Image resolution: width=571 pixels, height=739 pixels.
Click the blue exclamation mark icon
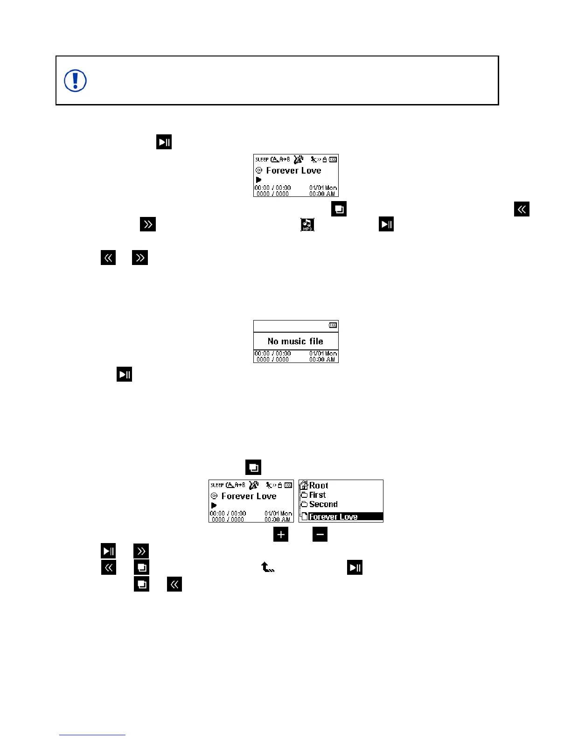[x=75, y=81]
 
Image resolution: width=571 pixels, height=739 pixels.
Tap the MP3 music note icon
[x=307, y=224]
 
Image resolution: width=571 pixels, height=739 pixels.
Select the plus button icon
[x=281, y=535]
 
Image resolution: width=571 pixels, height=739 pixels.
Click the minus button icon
[x=320, y=535]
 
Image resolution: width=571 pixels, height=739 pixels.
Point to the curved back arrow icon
[x=267, y=567]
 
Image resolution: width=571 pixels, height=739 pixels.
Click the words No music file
[x=295, y=341]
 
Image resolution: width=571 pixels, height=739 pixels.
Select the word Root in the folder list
[x=319, y=486]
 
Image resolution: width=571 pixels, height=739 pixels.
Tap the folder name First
[x=317, y=495]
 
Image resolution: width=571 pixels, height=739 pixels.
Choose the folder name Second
[x=323, y=504]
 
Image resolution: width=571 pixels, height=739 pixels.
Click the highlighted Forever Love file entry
[x=333, y=517]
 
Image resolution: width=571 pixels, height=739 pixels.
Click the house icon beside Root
[x=303, y=485]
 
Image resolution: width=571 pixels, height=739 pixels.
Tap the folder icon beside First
[x=304, y=495]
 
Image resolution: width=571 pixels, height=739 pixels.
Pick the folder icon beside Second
[x=304, y=504]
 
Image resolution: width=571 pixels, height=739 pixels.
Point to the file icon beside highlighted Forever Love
[x=304, y=516]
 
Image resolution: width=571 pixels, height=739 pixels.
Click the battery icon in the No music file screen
[x=333, y=325]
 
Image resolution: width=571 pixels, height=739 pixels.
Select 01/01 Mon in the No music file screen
[x=323, y=354]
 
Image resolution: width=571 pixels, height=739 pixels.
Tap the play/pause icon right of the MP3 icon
[x=386, y=224]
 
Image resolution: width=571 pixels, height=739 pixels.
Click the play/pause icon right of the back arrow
[x=355, y=567]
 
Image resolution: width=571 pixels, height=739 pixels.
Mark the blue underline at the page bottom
[x=92, y=735]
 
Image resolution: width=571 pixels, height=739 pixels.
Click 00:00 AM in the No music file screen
[x=322, y=360]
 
